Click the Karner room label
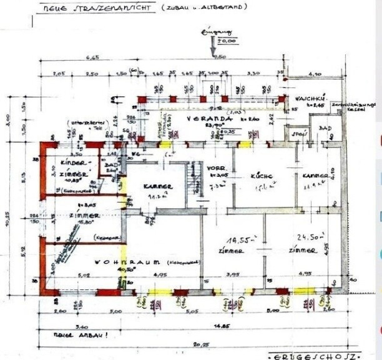[154, 186]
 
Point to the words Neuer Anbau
[63, 334]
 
